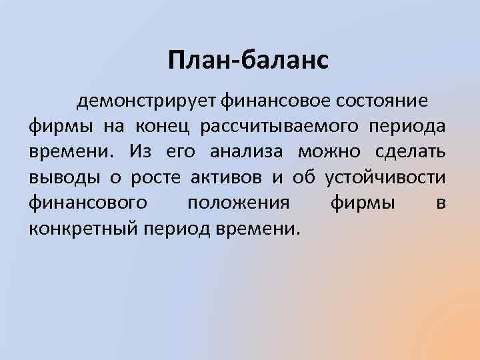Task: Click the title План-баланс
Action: coord(248,61)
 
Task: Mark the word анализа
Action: coord(247,151)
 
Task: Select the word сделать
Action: coord(409,151)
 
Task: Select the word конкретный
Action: coord(81,228)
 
